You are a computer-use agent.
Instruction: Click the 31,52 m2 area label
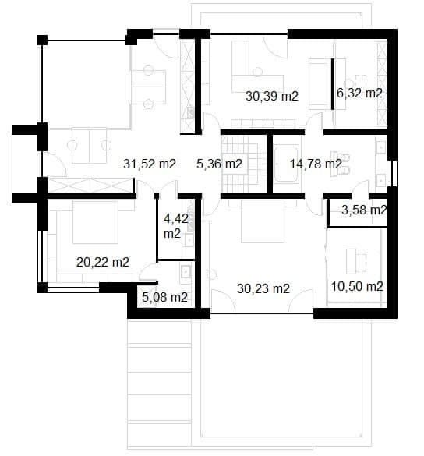150,164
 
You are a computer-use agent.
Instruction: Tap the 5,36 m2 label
220,164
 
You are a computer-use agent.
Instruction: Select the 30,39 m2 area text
273,97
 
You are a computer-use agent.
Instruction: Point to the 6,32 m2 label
359,93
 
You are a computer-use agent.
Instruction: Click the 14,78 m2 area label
316,164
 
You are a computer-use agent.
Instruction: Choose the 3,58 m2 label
364,210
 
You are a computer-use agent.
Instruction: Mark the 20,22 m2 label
102,262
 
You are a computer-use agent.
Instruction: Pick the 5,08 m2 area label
164,297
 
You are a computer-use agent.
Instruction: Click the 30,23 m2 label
263,288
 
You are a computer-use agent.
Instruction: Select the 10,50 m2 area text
358,286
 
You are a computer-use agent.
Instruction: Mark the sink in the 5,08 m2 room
185,273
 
